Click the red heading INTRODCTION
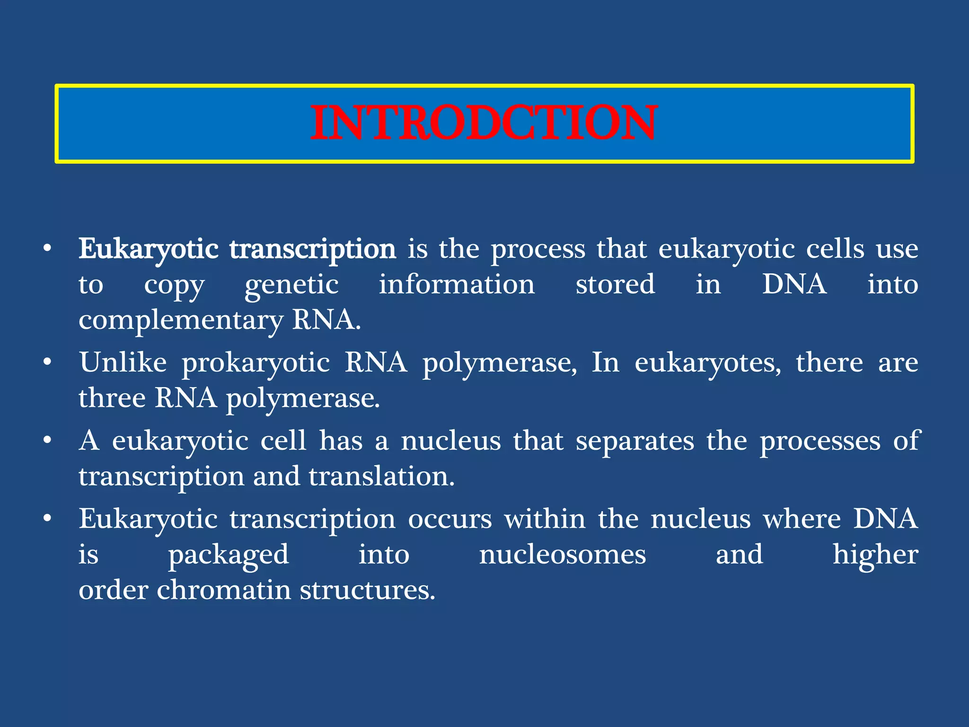pyautogui.click(x=484, y=123)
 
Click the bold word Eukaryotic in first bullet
pyautogui.click(x=148, y=249)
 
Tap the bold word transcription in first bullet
pyautogui.click(x=313, y=249)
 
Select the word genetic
pyautogui.click(x=291, y=285)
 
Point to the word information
pyautogui.click(x=457, y=284)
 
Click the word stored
pyautogui.click(x=615, y=284)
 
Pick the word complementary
pyautogui.click(x=180, y=320)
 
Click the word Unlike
pyautogui.click(x=123, y=363)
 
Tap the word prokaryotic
pyautogui.click(x=255, y=363)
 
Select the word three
pyautogui.click(x=112, y=398)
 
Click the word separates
pyautogui.click(x=634, y=441)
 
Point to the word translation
pyautogui.click(x=381, y=476)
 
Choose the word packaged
pyautogui.click(x=229, y=555)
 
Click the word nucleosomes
pyautogui.click(x=562, y=555)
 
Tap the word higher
pyautogui.click(x=875, y=555)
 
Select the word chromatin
pyautogui.click(x=224, y=590)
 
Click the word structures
pyautogui.click(x=367, y=590)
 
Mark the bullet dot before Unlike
pyautogui.click(x=47, y=363)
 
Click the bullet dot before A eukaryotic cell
pyautogui.click(x=47, y=441)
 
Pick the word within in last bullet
pyautogui.click(x=545, y=519)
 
